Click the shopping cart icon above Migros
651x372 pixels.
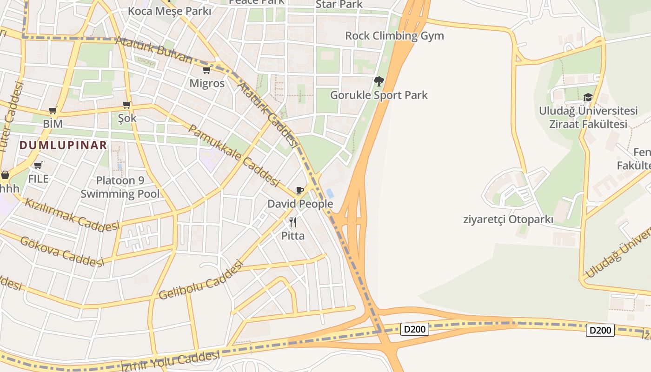point(206,70)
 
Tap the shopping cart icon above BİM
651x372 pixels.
point(53,111)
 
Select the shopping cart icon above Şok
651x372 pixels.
point(126,105)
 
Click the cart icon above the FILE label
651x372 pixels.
point(38,166)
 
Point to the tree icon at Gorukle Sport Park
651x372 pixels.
point(379,81)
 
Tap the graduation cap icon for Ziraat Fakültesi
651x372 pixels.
point(588,98)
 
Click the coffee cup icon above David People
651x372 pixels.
point(300,191)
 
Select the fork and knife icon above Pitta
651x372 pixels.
point(293,222)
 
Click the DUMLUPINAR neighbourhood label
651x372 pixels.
point(63,145)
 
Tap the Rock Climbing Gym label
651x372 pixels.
point(394,36)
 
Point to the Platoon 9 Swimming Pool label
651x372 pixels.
point(120,187)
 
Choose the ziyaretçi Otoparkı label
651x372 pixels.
point(508,219)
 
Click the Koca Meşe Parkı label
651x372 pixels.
point(169,11)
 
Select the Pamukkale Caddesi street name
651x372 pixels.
point(234,155)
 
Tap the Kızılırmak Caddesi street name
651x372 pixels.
point(72,215)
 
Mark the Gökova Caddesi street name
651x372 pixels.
point(62,252)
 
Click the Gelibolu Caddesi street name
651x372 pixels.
point(201,280)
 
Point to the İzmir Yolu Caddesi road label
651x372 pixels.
point(170,362)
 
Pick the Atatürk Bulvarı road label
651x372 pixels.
point(153,50)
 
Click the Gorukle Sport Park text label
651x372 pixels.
point(379,95)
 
